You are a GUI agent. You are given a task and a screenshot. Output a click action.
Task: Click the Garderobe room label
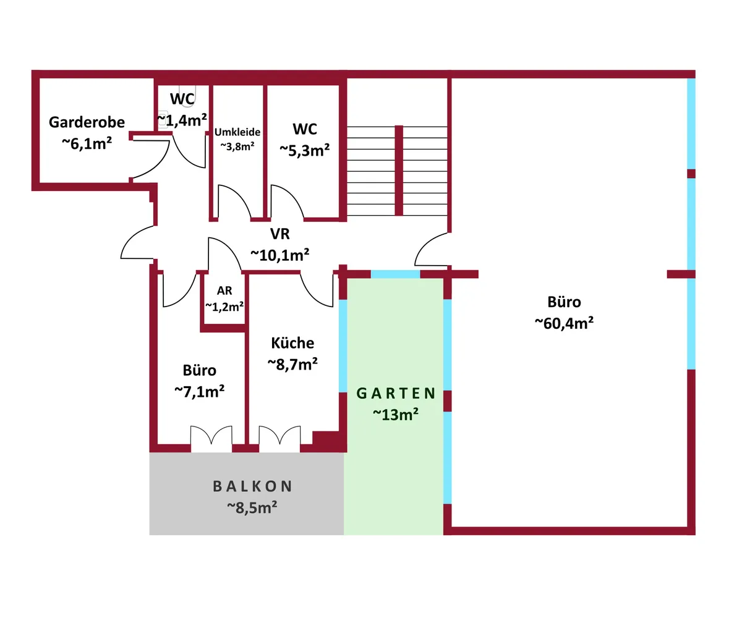pos(87,122)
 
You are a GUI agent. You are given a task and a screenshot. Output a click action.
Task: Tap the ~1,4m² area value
pos(181,120)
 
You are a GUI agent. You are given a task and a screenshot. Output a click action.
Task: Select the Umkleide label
pos(237,132)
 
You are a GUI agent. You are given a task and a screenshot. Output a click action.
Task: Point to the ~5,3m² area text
pos(305,150)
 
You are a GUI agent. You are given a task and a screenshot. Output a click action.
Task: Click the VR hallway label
pos(279,234)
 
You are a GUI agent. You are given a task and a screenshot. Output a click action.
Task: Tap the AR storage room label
pos(223,290)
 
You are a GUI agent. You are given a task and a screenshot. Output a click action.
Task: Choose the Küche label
pos(292,343)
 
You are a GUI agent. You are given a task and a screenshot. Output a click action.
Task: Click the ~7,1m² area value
pos(200,391)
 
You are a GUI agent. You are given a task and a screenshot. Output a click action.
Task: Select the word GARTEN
pos(396,394)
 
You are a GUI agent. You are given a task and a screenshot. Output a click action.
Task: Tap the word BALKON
pos(252,486)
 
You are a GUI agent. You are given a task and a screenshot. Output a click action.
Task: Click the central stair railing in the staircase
pos(399,170)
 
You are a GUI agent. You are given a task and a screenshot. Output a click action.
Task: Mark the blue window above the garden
pos(395,274)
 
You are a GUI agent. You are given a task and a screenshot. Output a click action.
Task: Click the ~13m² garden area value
pos(396,414)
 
